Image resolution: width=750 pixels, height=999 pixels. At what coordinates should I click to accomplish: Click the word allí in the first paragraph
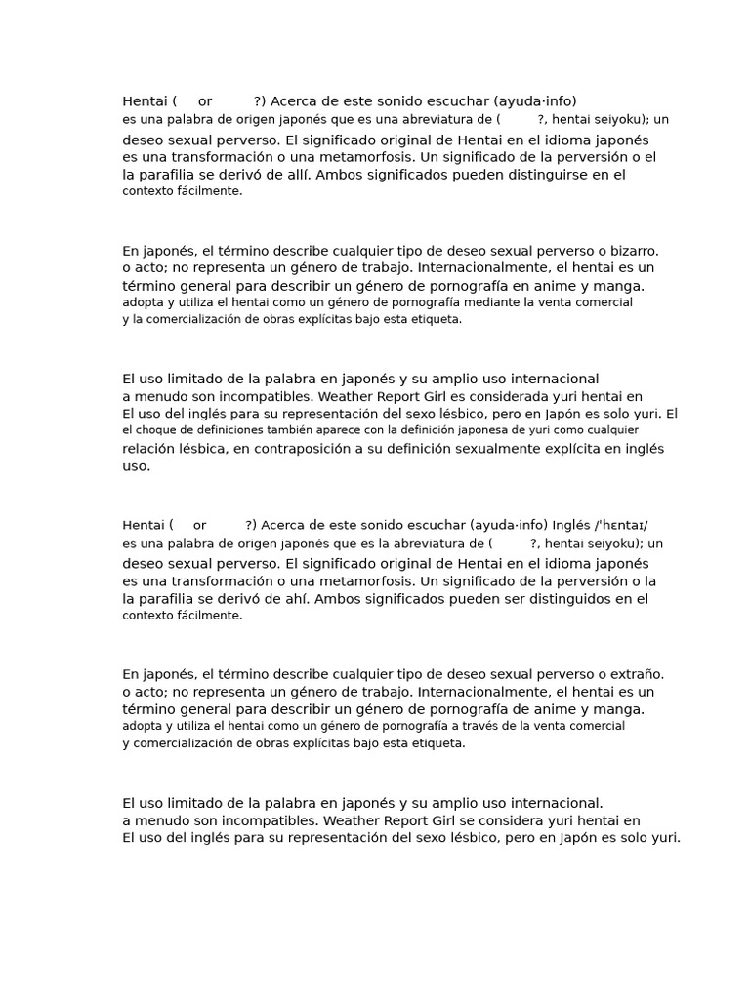[x=294, y=175]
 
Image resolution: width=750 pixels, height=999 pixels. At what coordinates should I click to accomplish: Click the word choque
[x=161, y=429]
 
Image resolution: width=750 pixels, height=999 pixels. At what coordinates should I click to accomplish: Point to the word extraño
[x=633, y=674]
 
